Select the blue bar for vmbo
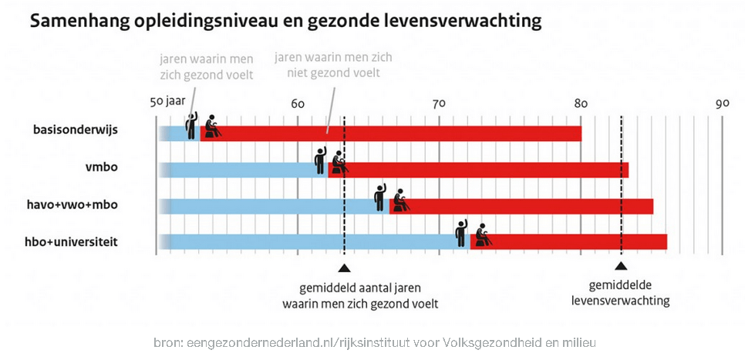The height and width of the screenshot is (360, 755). tap(239, 169)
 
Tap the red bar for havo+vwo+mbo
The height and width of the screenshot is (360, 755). tap(532, 206)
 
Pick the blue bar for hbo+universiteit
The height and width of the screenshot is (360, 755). tap(308, 242)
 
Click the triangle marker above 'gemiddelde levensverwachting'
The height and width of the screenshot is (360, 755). tap(622, 267)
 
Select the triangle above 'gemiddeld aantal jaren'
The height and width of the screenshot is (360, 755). tap(344, 267)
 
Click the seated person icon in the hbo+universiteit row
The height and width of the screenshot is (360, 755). tap(483, 234)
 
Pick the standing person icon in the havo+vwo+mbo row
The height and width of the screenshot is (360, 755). tap(379, 197)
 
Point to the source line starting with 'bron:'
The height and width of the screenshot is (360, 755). tap(376, 342)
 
